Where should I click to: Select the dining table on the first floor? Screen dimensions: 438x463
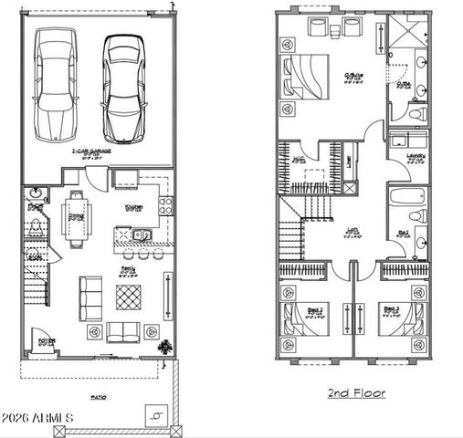point(78,217)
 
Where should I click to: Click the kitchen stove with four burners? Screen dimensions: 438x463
point(166,206)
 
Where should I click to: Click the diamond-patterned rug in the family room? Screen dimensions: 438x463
point(129,297)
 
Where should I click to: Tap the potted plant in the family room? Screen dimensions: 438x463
point(167,347)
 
